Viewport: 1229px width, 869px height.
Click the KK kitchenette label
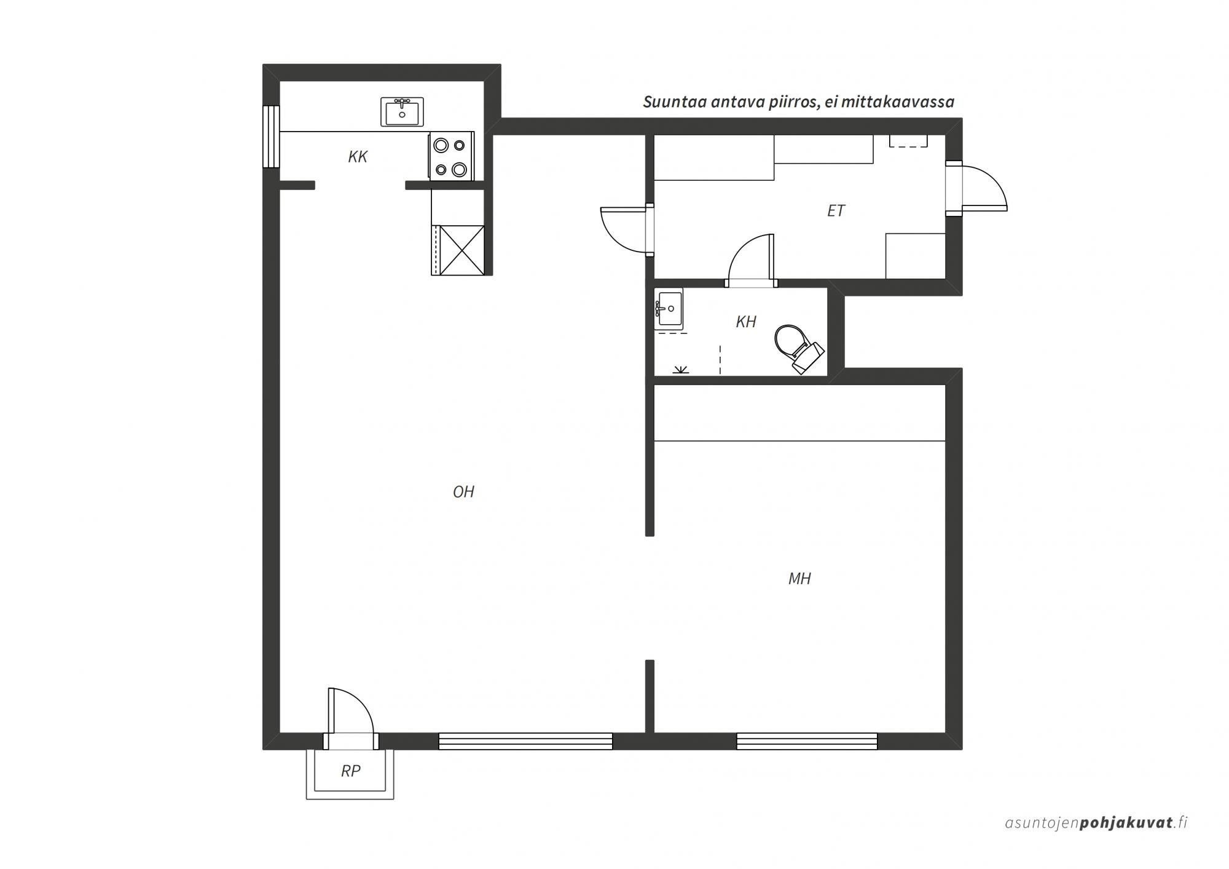358,157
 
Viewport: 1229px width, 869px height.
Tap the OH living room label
463,491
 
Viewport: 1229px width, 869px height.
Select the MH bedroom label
799,578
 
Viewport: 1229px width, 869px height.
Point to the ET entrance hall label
836,211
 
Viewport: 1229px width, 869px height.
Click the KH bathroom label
746,322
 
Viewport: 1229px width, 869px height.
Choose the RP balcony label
351,771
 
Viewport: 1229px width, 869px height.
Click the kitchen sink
402,112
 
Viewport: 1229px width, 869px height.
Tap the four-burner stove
451,156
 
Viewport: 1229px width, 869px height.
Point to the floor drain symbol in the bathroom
680,370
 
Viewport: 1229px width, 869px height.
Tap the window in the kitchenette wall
271,137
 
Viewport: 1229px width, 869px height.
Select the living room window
525,741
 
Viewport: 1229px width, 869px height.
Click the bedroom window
807,741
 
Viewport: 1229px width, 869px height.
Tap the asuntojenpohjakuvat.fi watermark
1096,822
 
